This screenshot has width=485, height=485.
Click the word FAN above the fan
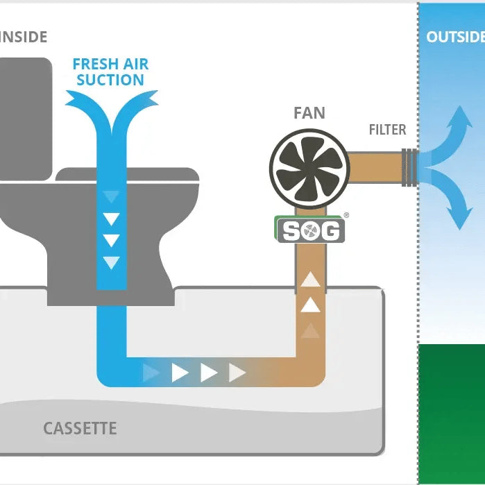click(309, 112)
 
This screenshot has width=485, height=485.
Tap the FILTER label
click(387, 130)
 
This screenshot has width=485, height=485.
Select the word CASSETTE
click(80, 428)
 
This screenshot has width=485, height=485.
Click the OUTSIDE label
click(455, 37)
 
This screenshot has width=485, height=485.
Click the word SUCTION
click(110, 80)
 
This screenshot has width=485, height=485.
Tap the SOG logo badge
click(310, 230)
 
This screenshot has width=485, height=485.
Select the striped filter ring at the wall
click(410, 167)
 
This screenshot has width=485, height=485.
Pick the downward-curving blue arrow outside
click(456, 208)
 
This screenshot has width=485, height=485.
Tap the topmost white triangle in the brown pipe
click(311, 280)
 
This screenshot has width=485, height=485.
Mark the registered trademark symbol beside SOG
click(346, 216)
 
